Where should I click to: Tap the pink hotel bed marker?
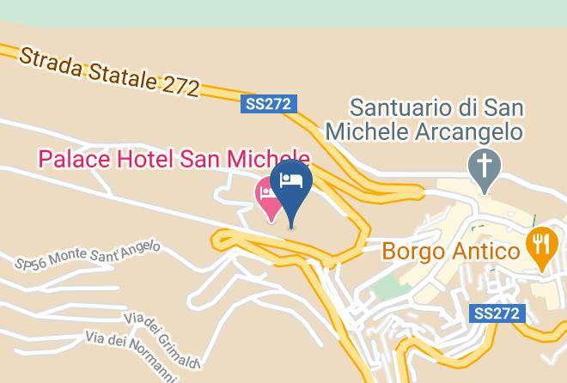[x=269, y=197]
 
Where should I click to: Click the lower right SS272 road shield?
[x=497, y=313]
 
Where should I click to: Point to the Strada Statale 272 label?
[x=108, y=71]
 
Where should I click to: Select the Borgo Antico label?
[x=451, y=252]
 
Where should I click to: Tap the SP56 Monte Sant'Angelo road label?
[x=88, y=255]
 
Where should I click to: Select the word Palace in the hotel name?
[x=74, y=158]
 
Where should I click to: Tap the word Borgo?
[x=412, y=252]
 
